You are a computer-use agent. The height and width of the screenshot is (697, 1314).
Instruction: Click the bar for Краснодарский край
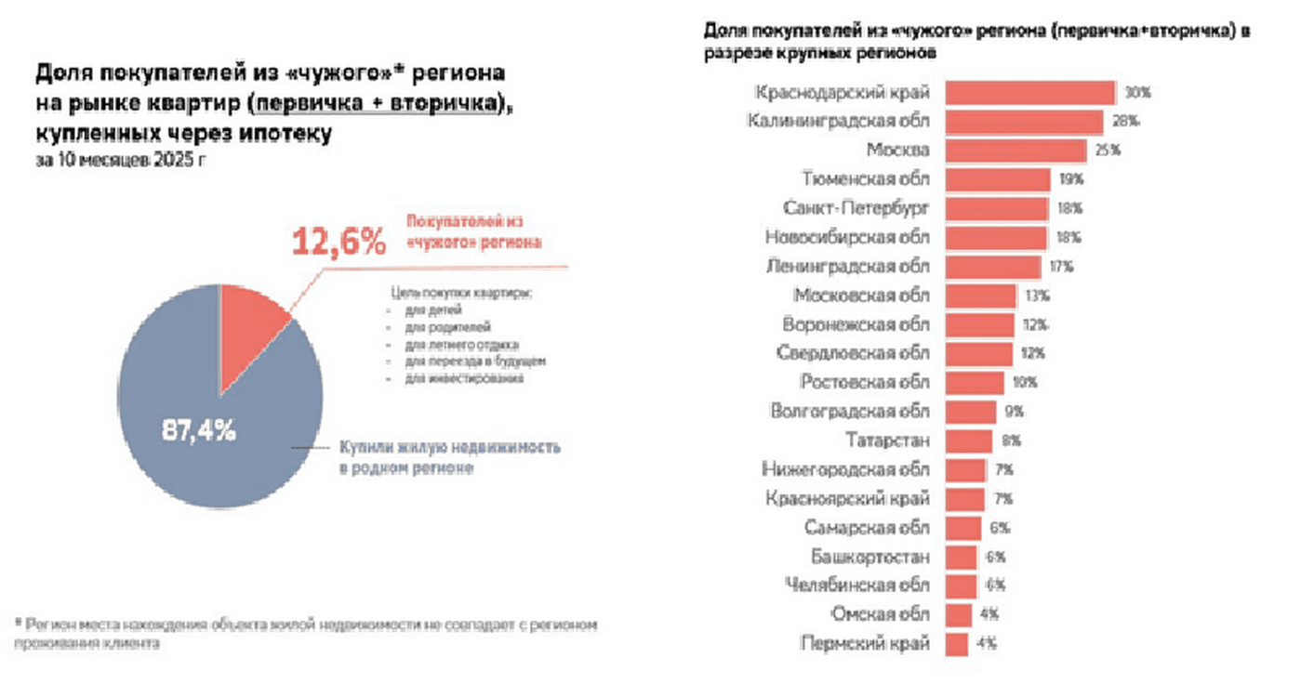pos(1029,93)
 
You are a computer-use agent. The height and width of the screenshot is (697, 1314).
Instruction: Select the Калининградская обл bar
pos(1024,122)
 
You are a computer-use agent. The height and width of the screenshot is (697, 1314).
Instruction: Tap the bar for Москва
pos(1015,151)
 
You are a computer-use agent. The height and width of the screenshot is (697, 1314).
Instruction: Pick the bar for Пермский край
pos(957,643)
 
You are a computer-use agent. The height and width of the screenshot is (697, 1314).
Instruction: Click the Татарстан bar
pos(968,441)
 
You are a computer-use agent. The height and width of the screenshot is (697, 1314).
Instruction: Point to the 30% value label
pos(1137,93)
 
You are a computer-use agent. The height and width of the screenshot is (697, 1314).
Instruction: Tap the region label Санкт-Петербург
pos(856,208)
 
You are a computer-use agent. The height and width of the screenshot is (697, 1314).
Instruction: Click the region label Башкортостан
pos(869,557)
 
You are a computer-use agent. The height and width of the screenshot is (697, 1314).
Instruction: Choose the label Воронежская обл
pos(856,325)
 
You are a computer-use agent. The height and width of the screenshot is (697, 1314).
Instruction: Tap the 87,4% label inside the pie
pos(197,430)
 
